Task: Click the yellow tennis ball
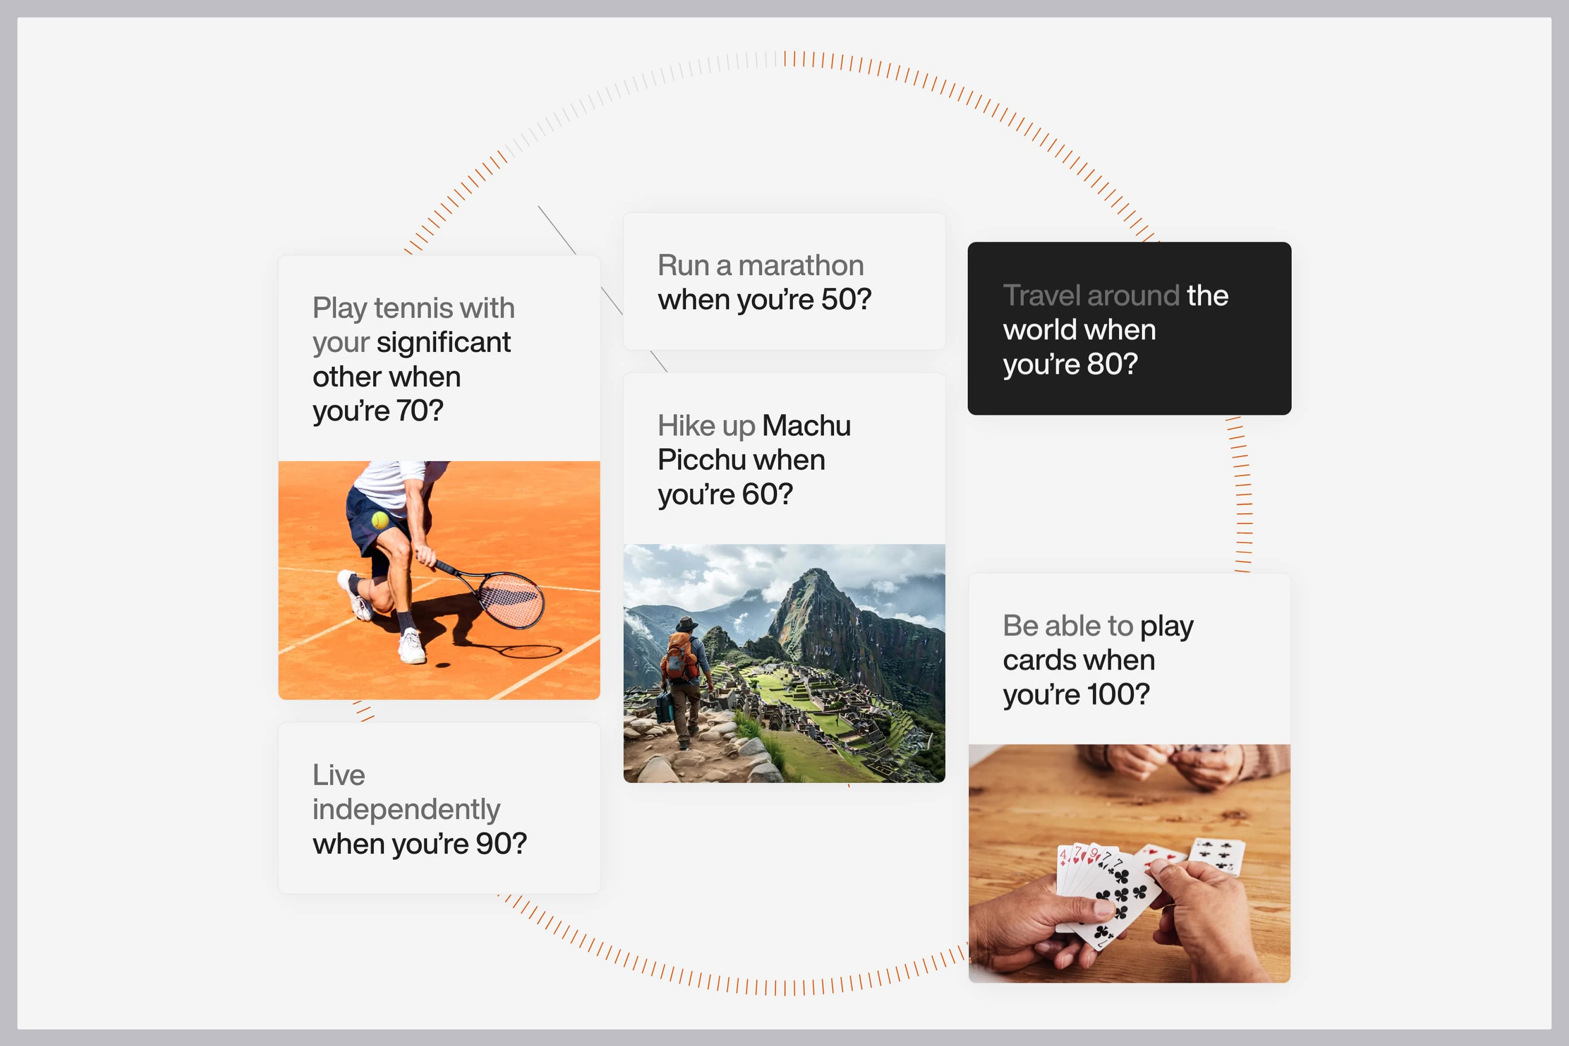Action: (380, 520)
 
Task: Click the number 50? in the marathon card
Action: (846, 299)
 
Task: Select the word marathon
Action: (801, 265)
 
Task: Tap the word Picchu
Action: (700, 460)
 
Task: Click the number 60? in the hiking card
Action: (767, 494)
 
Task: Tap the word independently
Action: (406, 810)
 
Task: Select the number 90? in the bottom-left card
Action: (501, 844)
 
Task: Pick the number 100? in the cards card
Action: (1118, 694)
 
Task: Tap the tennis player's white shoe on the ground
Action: (411, 646)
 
